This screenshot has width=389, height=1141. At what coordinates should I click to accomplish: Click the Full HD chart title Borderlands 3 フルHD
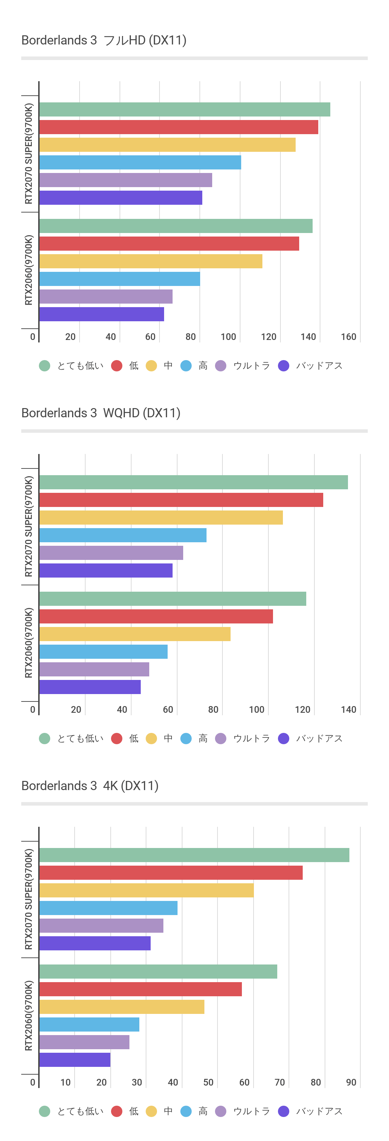pyautogui.click(x=104, y=40)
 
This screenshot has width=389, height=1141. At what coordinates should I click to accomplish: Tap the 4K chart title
pyautogui.click(x=90, y=786)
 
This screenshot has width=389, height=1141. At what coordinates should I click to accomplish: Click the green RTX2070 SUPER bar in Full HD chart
pyautogui.click(x=185, y=109)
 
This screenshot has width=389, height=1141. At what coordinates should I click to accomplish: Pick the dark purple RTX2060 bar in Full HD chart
pyautogui.click(x=101, y=314)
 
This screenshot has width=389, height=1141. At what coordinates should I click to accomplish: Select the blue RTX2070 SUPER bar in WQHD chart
pyautogui.click(x=123, y=535)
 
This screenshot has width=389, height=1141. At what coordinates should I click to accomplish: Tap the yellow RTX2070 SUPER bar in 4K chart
pyautogui.click(x=146, y=890)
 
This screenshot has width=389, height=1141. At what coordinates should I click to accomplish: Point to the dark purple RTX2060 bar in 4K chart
pyautogui.click(x=75, y=1059)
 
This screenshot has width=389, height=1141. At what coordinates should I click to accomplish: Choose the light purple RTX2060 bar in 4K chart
pyautogui.click(x=84, y=1042)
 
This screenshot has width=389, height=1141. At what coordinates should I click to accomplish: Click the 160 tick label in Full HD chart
pyautogui.click(x=348, y=337)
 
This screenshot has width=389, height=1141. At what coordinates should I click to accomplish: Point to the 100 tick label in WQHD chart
pyautogui.click(x=256, y=710)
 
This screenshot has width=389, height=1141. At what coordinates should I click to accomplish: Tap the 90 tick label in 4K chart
pyautogui.click(x=351, y=1082)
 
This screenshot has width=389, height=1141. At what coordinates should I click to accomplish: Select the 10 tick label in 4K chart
pyautogui.click(x=66, y=1082)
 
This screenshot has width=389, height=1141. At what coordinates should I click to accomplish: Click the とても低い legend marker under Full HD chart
pyautogui.click(x=44, y=365)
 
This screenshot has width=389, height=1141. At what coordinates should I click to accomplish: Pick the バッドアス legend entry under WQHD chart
pyautogui.click(x=319, y=739)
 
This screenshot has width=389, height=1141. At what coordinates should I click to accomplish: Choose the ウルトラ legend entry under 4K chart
pyautogui.click(x=251, y=1111)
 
